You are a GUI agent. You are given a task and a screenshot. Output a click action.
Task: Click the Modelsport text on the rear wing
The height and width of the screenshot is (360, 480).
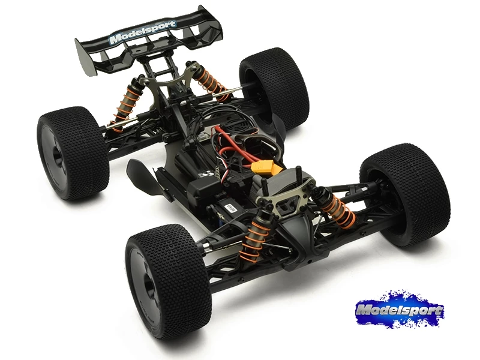(x=143, y=32)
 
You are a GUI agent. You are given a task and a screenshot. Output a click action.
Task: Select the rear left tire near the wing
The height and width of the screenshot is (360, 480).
(x=73, y=153)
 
